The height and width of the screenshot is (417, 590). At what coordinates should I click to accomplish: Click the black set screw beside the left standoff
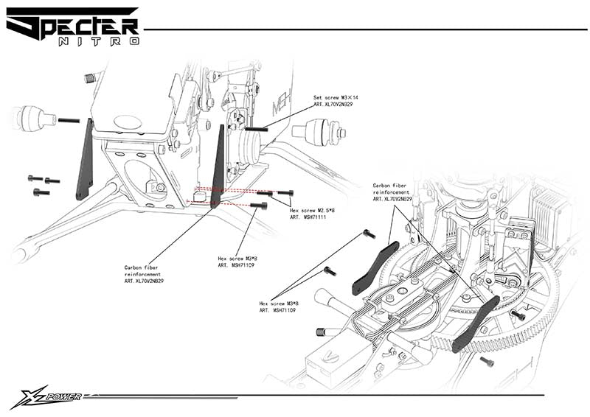click(69, 119)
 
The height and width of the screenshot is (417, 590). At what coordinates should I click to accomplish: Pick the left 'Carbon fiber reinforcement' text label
click(144, 274)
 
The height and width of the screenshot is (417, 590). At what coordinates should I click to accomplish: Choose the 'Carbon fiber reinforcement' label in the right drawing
click(391, 192)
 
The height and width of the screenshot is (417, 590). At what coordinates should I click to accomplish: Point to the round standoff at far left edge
click(33, 118)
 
